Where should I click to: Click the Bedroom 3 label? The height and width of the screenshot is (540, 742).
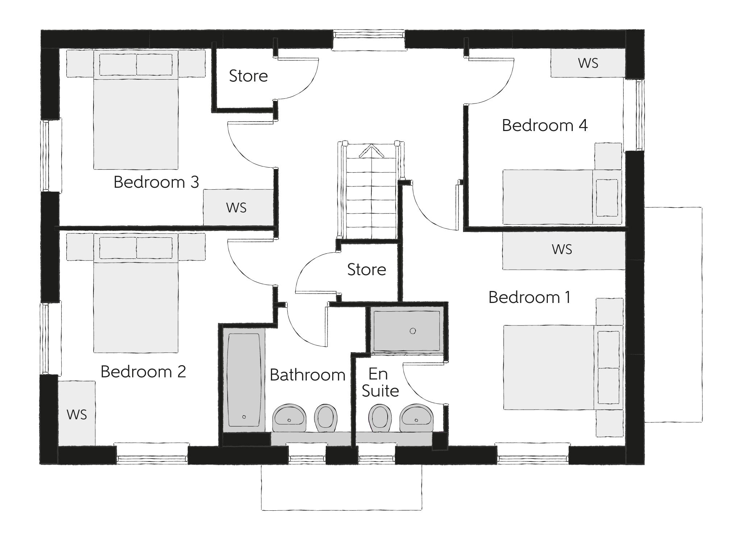pyautogui.click(x=156, y=182)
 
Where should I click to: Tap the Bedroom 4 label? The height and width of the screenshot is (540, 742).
pyautogui.click(x=544, y=126)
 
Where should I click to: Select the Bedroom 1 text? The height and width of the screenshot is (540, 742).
pyautogui.click(x=529, y=298)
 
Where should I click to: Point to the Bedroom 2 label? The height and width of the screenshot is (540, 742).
pyautogui.click(x=143, y=372)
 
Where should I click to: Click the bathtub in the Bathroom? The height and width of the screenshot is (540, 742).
pyautogui.click(x=244, y=380)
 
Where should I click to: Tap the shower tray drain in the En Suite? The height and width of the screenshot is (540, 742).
pyautogui.click(x=413, y=331)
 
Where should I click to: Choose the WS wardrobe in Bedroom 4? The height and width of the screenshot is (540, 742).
pyautogui.click(x=588, y=63)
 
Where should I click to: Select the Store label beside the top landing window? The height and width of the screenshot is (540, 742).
pyautogui.click(x=248, y=76)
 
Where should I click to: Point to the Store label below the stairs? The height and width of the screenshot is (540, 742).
pyautogui.click(x=366, y=270)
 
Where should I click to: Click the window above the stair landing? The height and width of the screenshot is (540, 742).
pyautogui.click(x=368, y=35)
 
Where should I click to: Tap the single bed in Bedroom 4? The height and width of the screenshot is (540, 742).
pyautogui.click(x=562, y=197)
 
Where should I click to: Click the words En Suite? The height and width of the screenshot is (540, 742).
pyautogui.click(x=380, y=383)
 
